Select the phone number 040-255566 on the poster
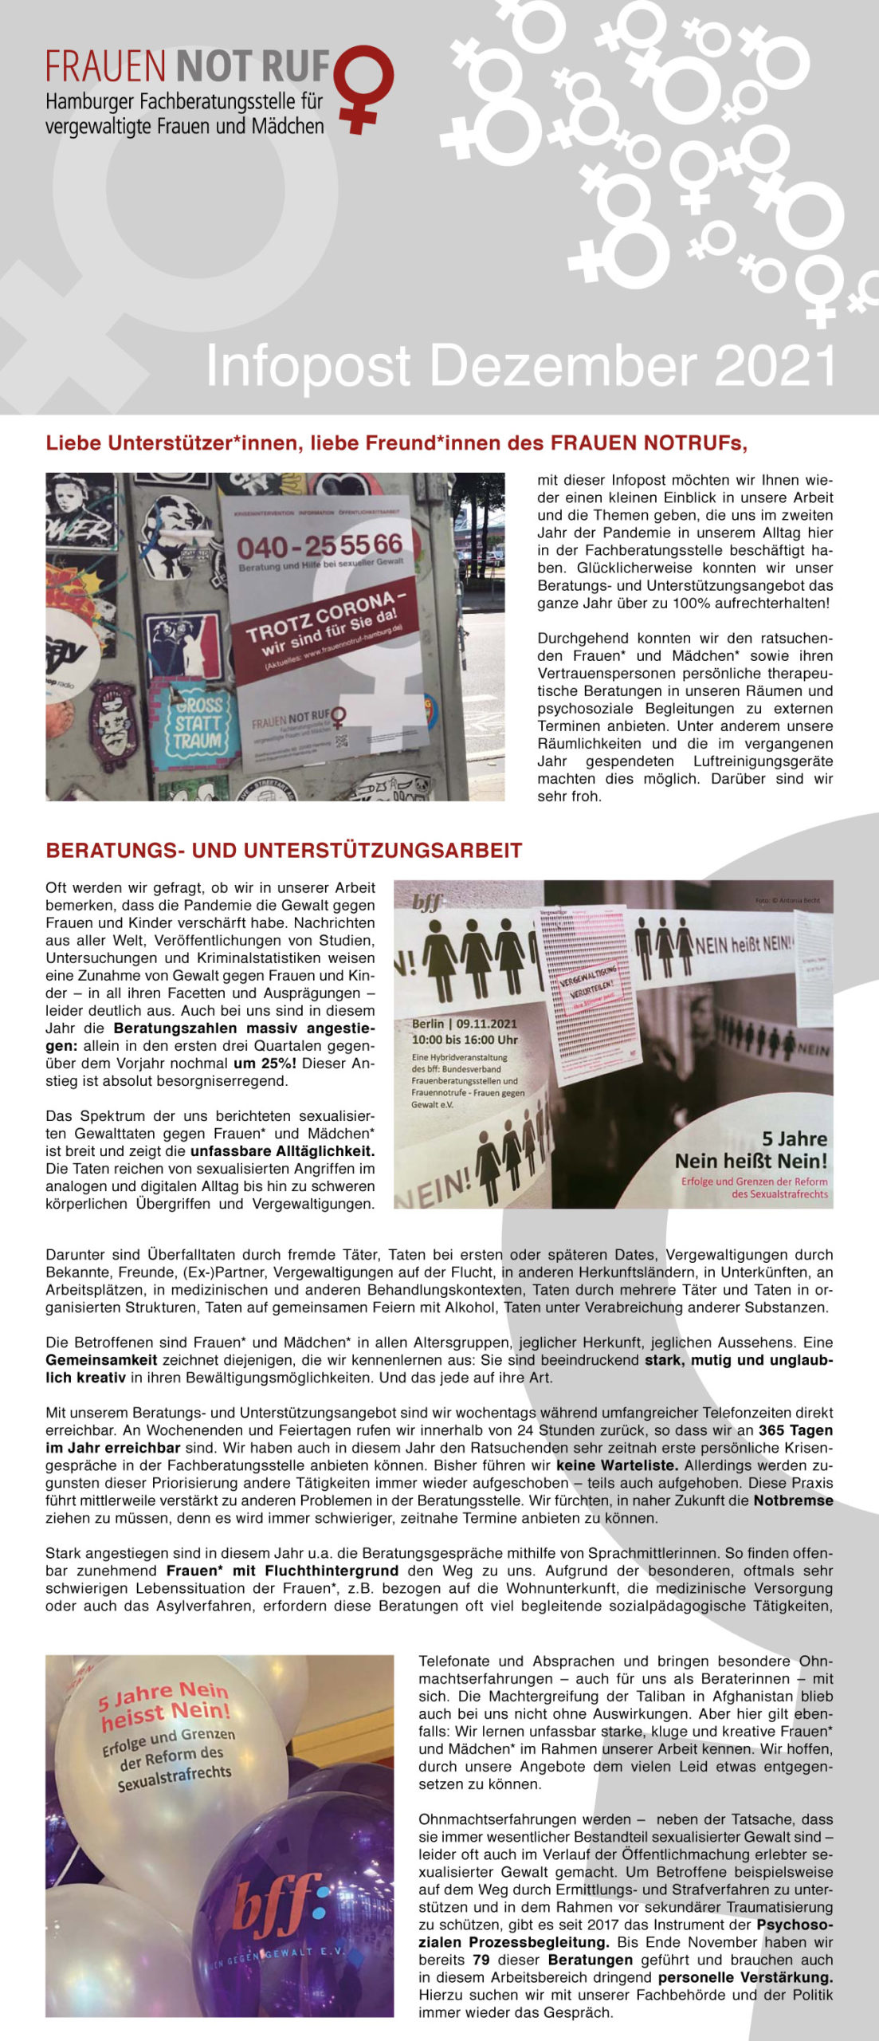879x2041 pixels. pos(320,546)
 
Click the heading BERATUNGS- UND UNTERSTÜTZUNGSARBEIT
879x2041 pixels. pos(284,850)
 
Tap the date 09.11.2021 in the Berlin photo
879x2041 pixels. pos(486,1024)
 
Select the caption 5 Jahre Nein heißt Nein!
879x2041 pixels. pos(751,1150)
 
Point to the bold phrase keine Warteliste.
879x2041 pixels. pos(617,1465)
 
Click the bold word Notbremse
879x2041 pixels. pos(793,1500)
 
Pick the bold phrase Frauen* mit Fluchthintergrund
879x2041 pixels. pos(282,1570)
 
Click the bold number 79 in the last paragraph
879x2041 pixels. pos(481,1959)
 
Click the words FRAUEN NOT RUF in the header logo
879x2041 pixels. pos(188,66)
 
